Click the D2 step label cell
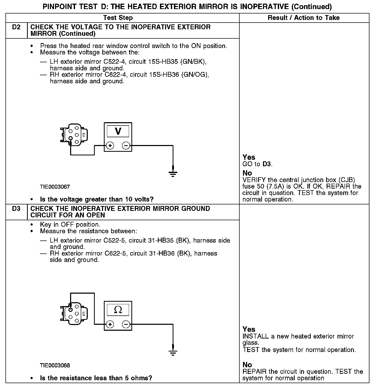(16, 27)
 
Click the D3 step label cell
(16, 209)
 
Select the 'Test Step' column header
(118, 18)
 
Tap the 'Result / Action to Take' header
(303, 18)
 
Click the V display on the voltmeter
(118, 131)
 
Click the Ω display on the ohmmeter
(118, 309)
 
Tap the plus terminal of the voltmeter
(110, 146)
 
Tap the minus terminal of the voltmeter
(126, 146)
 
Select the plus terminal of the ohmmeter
(110, 324)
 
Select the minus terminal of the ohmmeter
(126, 324)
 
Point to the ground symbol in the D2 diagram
(173, 174)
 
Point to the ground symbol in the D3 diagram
(173, 352)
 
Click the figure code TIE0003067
(55, 187)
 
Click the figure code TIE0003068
(55, 366)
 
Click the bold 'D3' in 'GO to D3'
(267, 164)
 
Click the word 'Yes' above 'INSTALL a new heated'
(249, 329)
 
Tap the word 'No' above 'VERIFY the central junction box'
(247, 173)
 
